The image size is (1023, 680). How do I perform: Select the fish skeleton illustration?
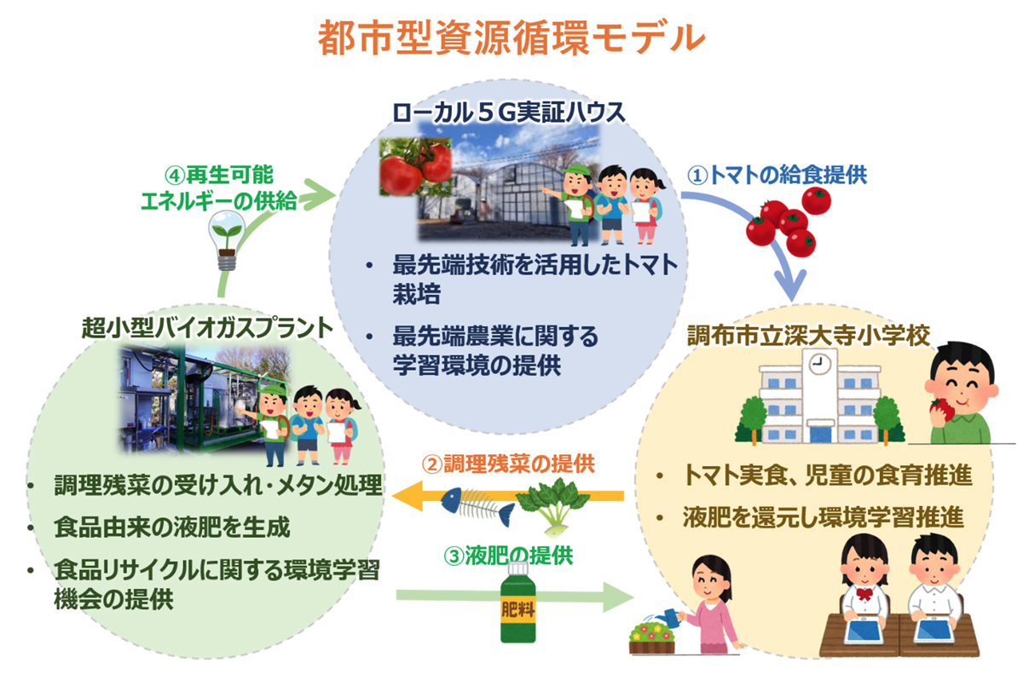click(478, 508)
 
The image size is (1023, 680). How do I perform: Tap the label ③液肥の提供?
click(508, 556)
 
